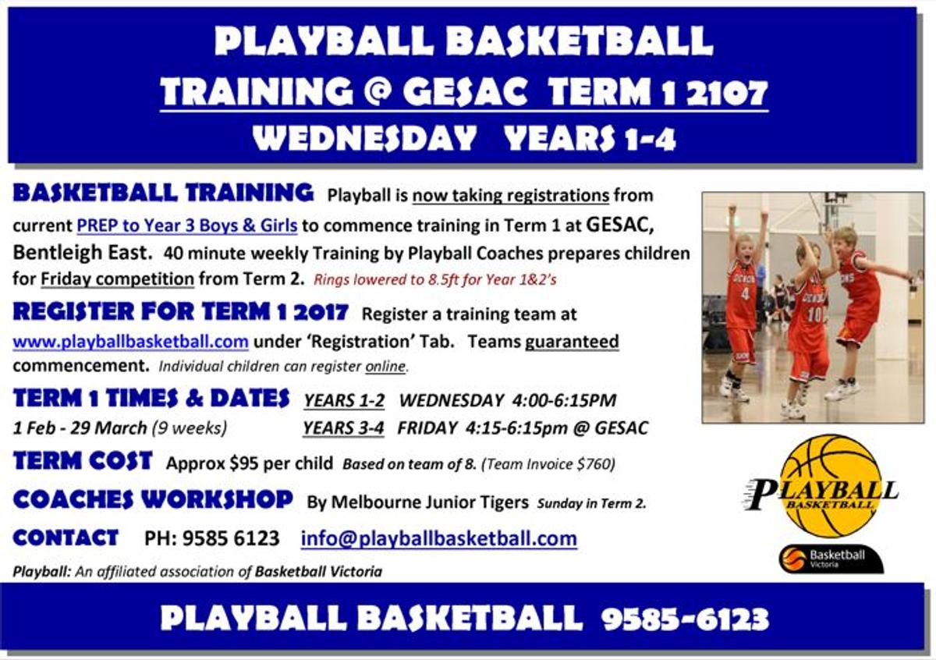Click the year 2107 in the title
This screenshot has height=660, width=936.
[727, 92]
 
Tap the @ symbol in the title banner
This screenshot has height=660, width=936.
[378, 92]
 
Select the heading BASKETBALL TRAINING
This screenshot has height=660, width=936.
[163, 193]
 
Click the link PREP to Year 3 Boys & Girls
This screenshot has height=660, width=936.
[187, 225]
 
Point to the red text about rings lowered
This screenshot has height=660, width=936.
[435, 279]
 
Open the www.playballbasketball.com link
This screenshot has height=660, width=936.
[131, 342]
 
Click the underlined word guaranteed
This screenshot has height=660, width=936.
[572, 342]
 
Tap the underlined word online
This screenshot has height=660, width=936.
[385, 366]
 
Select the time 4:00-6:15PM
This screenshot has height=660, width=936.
[564, 400]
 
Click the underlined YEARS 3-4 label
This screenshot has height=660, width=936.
[343, 428]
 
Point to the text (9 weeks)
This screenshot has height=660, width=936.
[190, 428]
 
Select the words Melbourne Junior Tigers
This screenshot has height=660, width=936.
[430, 502]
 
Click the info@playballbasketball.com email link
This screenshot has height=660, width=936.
[438, 538]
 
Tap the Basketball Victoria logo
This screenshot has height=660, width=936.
[831, 559]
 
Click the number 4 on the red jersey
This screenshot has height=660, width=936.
[745, 293]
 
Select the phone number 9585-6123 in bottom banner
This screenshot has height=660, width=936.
[686, 619]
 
